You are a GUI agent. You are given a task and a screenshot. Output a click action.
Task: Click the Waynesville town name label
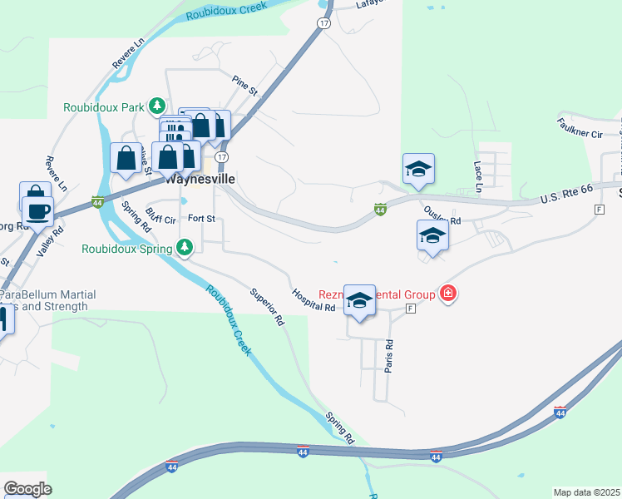[x=200, y=179]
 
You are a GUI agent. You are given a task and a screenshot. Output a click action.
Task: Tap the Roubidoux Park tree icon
[x=156, y=106]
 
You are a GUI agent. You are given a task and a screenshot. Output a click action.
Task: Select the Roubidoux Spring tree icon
[x=184, y=248]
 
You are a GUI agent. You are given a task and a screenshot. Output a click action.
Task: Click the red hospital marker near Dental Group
[x=449, y=293]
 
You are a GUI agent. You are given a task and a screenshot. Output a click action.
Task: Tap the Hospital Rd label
[x=313, y=299]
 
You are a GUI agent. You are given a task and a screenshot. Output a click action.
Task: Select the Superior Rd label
[x=267, y=306]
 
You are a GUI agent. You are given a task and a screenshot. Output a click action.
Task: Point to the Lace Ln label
[x=478, y=172]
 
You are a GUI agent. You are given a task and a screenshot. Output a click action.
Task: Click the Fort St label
[x=201, y=219]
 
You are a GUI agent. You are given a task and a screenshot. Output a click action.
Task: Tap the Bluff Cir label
[x=160, y=215]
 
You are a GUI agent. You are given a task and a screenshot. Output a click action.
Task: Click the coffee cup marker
[x=38, y=211]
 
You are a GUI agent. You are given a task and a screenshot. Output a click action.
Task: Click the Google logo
[x=27, y=489]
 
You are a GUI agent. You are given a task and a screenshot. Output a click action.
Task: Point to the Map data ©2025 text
[x=586, y=492]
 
